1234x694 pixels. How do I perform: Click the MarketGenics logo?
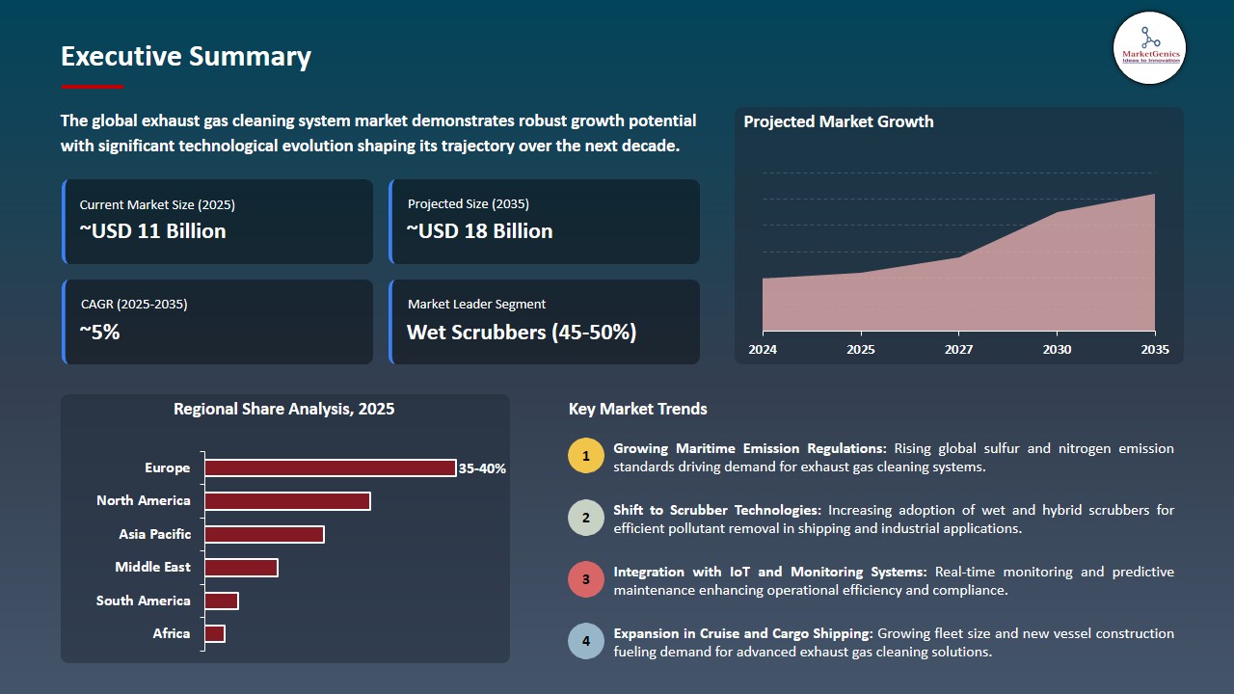coord(1150,48)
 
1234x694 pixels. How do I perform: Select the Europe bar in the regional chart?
coord(331,467)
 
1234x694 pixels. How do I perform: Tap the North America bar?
coord(287,501)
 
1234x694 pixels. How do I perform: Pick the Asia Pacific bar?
coord(264,534)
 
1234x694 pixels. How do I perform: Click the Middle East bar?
coord(241,568)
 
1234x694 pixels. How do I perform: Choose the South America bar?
coord(222,601)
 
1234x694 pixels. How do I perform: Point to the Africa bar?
coord(215,634)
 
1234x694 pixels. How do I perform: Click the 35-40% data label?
coord(482,468)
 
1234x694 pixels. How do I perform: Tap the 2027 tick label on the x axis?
coord(958,349)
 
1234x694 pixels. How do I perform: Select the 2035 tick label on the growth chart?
coord(1155,349)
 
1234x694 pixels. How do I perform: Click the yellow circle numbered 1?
coord(585,456)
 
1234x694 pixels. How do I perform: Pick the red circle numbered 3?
coord(585,579)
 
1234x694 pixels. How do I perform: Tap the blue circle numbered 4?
coord(585,641)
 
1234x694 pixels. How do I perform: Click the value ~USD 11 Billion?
coord(152,230)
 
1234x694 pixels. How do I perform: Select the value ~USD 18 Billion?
coord(479,230)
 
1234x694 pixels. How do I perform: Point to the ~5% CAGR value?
coord(99,333)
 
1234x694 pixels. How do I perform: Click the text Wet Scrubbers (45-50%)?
coord(522,333)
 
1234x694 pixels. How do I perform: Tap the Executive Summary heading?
coord(186,57)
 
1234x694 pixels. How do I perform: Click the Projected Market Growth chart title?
coord(839,121)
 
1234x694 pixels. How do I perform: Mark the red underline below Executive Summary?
coord(93,87)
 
